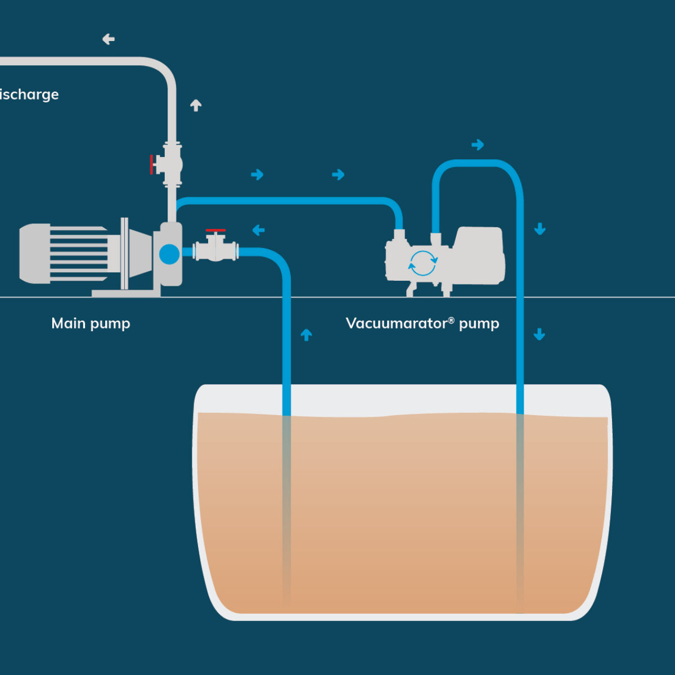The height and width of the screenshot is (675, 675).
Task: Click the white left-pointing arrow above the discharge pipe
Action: pos(109,39)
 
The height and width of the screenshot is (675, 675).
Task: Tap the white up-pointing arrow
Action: pos(196,105)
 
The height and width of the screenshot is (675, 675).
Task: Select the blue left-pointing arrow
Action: pos(259,230)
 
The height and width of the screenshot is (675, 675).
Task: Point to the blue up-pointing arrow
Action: pos(306,335)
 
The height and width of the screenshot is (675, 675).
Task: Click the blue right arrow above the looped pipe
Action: pos(478,145)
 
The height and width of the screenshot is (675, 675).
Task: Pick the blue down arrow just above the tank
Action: pos(539,335)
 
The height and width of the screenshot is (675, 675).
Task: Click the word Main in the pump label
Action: pos(68,323)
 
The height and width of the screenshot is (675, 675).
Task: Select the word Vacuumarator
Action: pos(396,323)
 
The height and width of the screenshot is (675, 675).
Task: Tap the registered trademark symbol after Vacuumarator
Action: pos(451,320)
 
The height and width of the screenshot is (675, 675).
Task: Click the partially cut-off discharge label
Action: pos(29,94)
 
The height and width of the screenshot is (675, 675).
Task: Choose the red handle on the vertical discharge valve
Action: pos(152,164)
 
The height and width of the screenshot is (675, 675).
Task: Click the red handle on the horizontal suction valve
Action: pos(215,231)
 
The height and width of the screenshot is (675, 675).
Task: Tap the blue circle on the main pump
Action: pos(169,254)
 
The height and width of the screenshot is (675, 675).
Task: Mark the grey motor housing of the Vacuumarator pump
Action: pos(478,256)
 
